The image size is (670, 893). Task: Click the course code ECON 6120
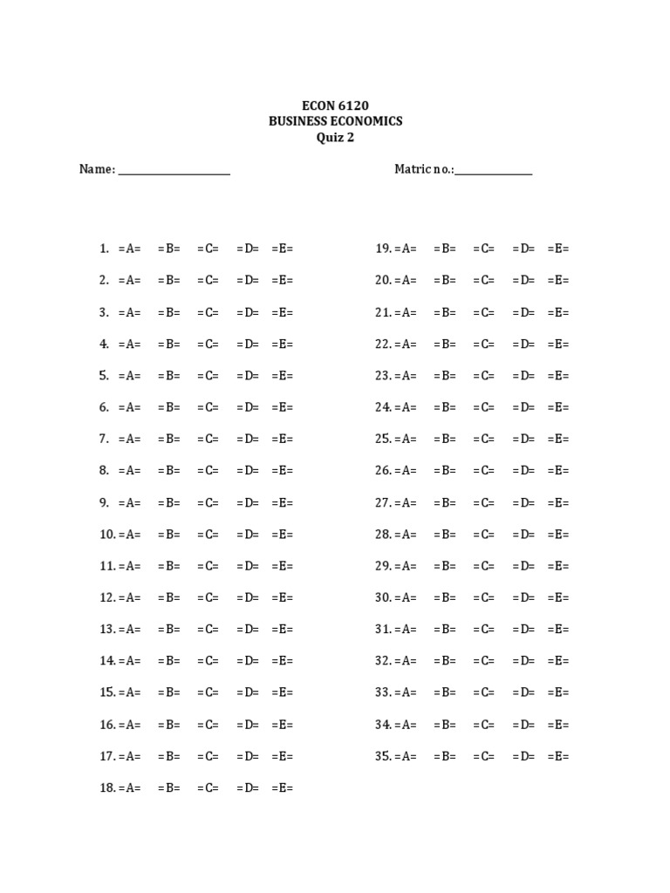335,106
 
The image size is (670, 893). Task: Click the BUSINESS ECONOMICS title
335,121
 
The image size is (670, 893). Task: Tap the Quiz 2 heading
335,137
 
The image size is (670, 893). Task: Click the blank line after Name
174,171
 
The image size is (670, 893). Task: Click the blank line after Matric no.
493,171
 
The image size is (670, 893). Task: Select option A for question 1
129,249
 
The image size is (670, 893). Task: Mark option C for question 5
208,376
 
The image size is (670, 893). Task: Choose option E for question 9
283,502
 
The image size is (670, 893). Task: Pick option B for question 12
169,597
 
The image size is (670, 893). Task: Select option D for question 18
247,787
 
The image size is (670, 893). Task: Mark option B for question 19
445,249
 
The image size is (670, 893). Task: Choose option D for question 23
523,376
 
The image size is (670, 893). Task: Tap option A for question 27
406,502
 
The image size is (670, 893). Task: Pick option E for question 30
558,597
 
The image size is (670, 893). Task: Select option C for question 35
484,756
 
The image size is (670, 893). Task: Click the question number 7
104,439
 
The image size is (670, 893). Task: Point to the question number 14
107,661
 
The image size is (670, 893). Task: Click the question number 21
383,312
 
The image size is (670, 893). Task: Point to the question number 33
383,692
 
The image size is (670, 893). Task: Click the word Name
96,169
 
